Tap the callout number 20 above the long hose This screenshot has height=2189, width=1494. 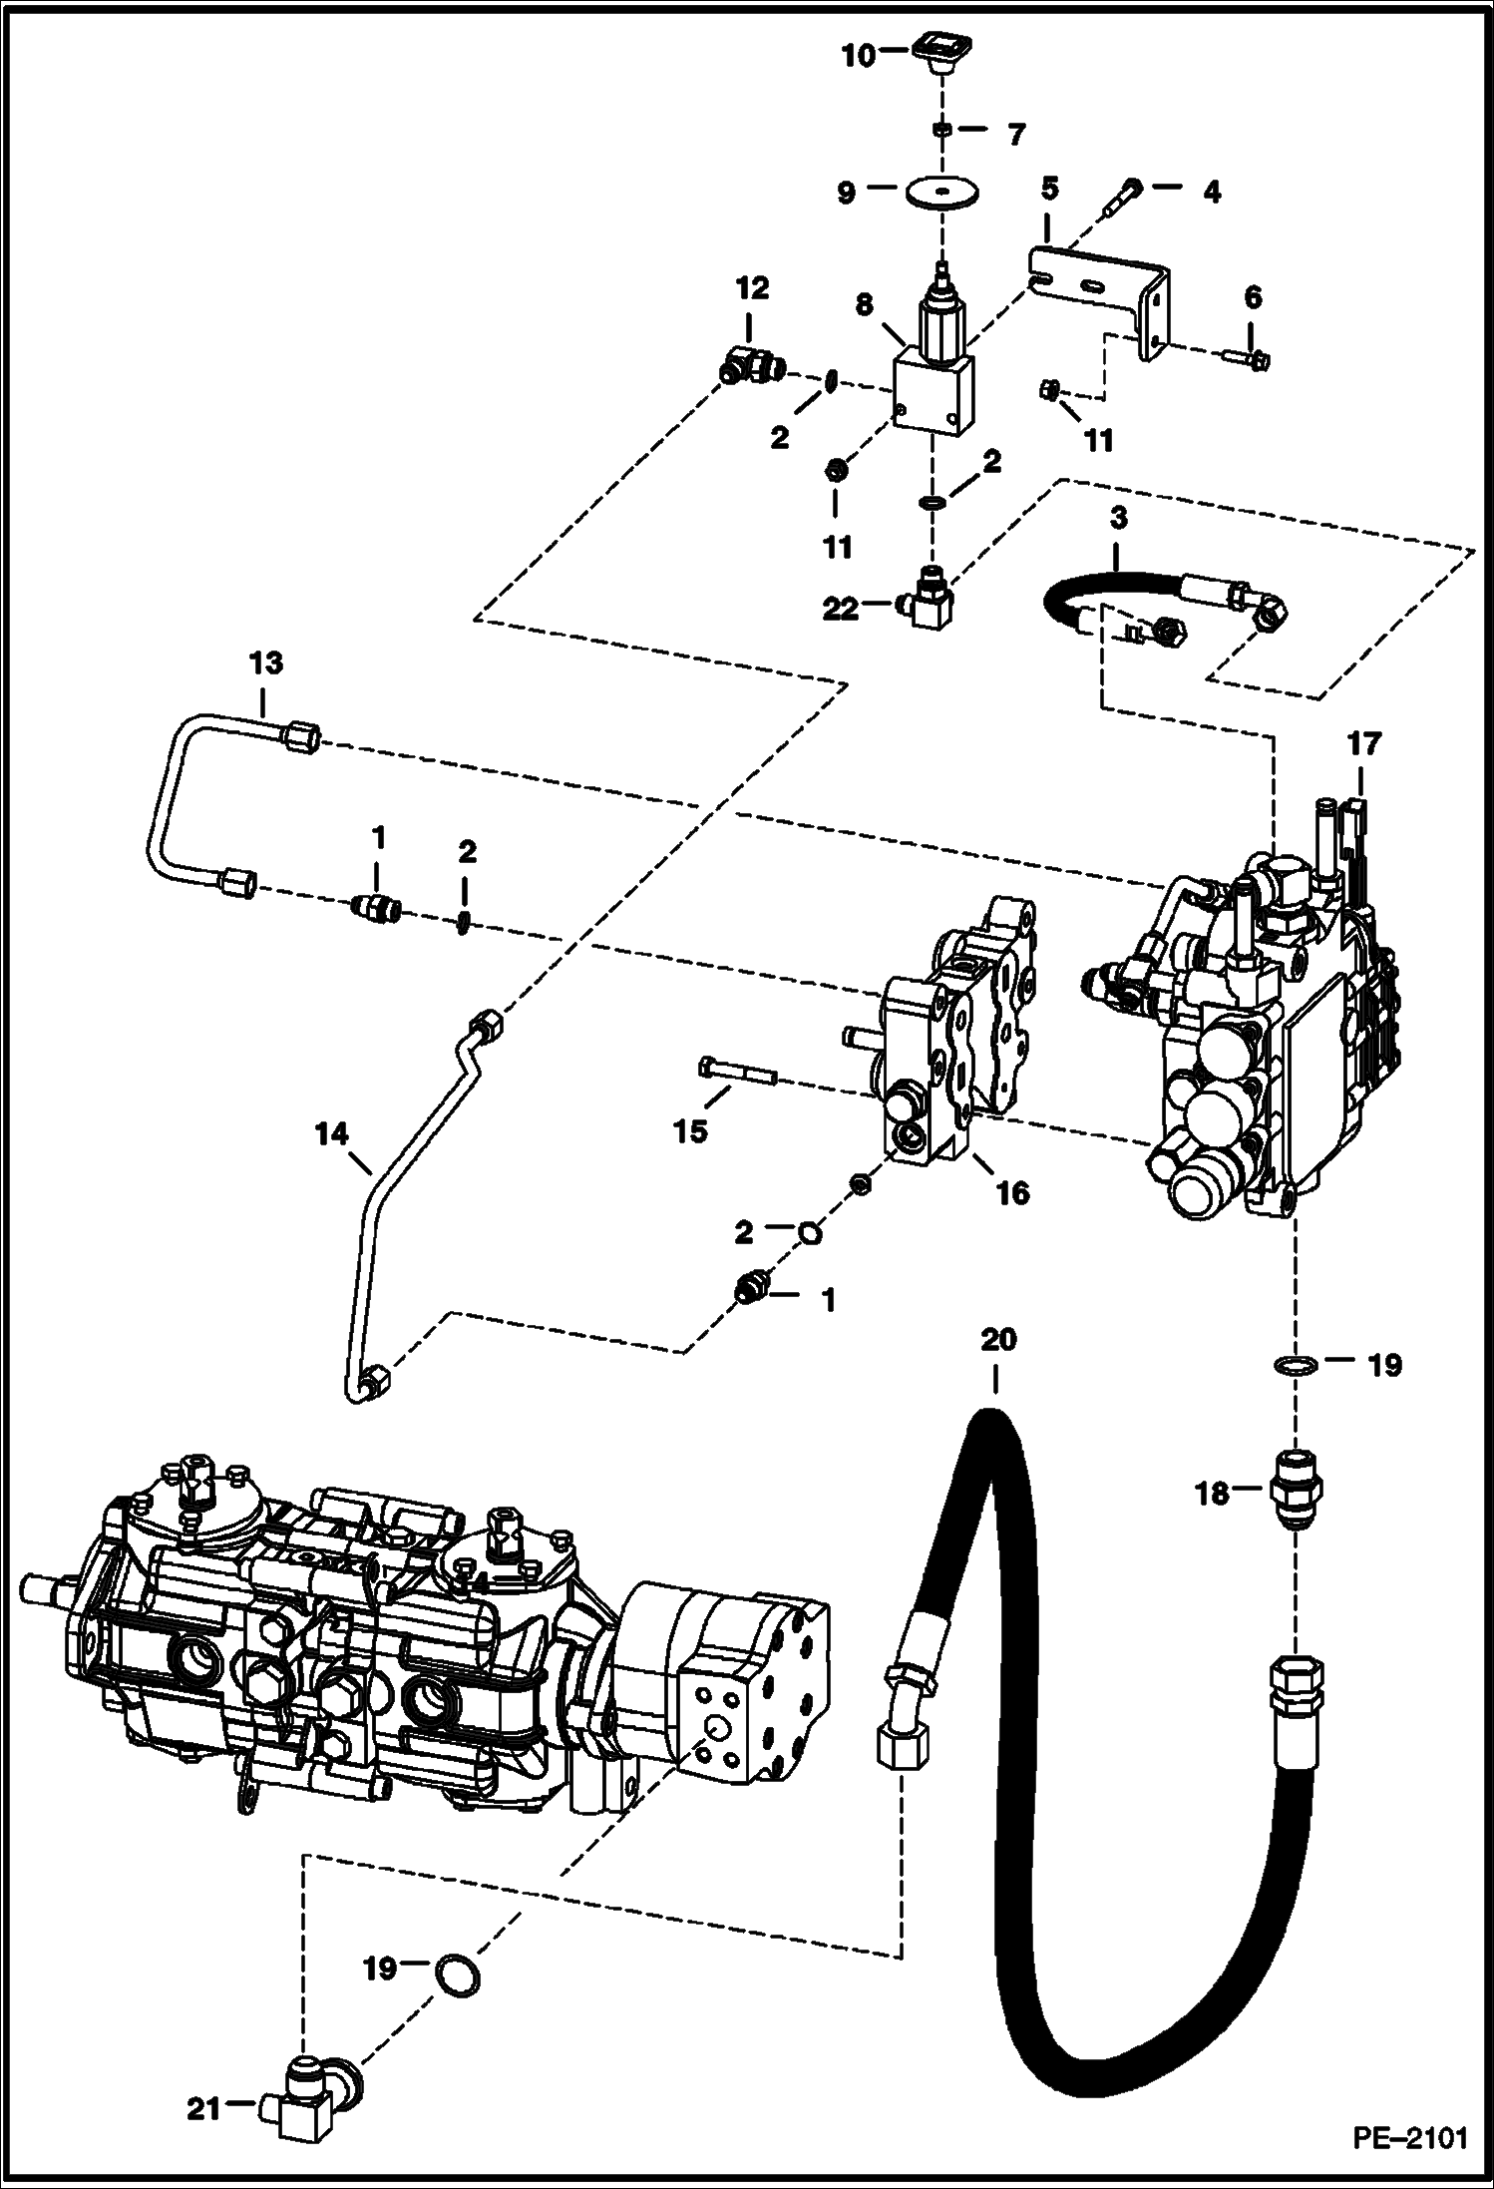pos(998,1339)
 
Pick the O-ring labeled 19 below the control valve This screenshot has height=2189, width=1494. pos(1294,1365)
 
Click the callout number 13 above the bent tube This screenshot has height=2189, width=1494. pos(265,662)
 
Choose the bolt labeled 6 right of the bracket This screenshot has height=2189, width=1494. pos(1244,357)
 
